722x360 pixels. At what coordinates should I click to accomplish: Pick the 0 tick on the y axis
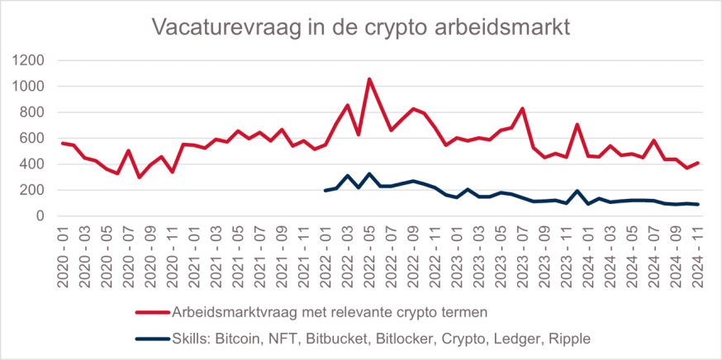pyautogui.click(x=41, y=216)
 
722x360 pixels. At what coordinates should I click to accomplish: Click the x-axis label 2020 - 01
pyautogui.click(x=64, y=255)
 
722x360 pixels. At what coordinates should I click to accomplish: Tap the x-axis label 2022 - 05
pyautogui.click(x=369, y=255)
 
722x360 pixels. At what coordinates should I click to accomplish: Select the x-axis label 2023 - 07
pyautogui.click(x=522, y=255)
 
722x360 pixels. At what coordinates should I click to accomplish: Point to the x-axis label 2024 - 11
pyautogui.click(x=697, y=255)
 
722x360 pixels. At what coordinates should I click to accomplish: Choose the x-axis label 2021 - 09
pyautogui.click(x=282, y=255)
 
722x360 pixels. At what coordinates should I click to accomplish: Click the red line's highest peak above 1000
pyautogui.click(x=369, y=79)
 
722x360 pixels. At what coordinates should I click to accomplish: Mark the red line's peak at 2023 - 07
pyautogui.click(x=522, y=108)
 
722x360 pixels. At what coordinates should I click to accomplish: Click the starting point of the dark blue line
pyautogui.click(x=325, y=191)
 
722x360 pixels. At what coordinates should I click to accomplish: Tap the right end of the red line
pyautogui.click(x=698, y=163)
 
